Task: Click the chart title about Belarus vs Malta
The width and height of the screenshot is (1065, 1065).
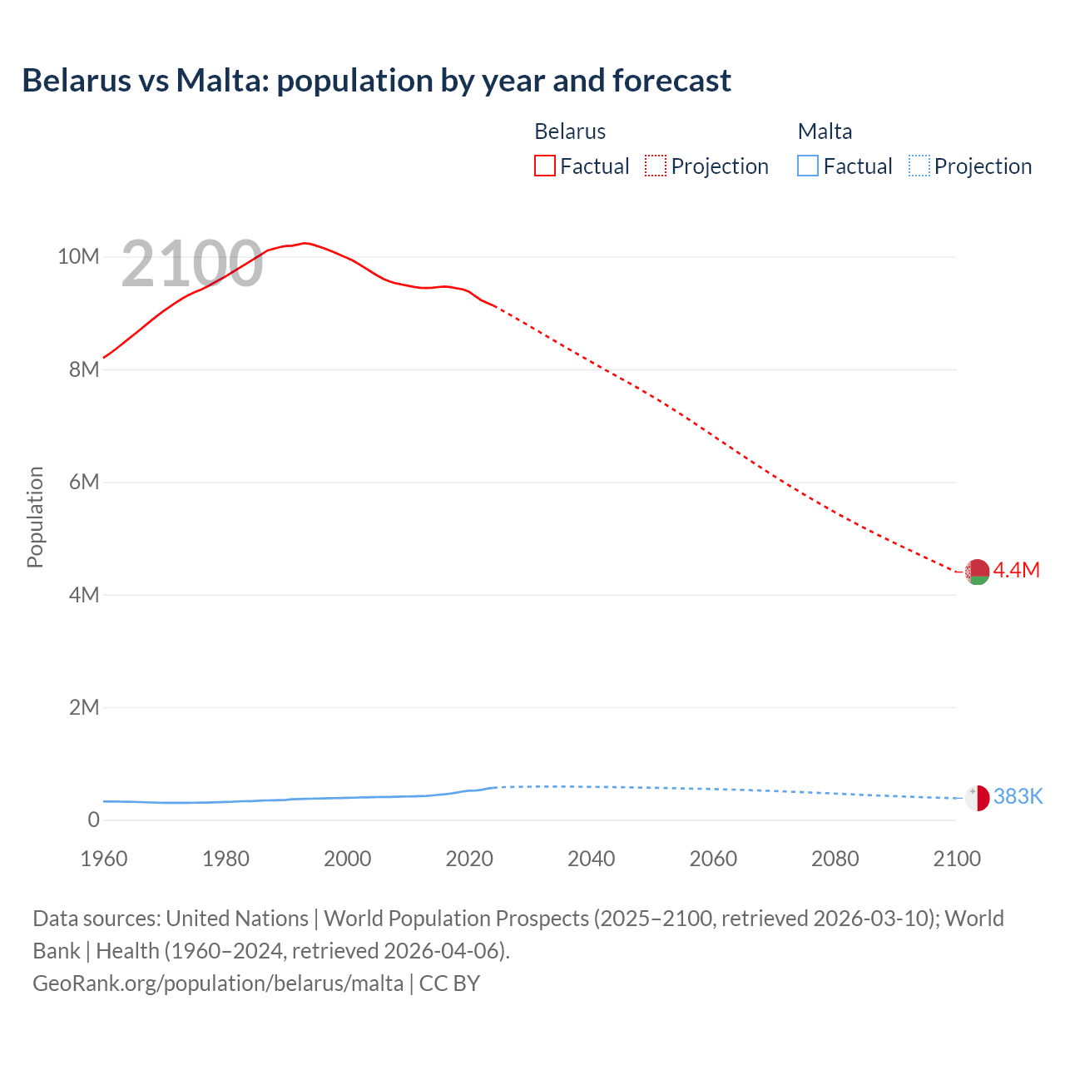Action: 376,81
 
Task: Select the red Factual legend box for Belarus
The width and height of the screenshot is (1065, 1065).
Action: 544,166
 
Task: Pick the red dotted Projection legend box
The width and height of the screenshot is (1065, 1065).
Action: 656,166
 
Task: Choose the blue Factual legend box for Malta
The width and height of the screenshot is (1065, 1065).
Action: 808,166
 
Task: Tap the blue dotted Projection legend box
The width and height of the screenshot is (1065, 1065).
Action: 919,166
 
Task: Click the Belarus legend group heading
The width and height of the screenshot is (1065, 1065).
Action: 570,131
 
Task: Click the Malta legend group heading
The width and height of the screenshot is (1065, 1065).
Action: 825,131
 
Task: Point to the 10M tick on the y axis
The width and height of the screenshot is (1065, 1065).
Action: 78,256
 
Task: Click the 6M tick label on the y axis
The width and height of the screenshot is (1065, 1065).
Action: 84,482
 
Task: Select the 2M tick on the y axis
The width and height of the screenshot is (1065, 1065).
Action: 84,707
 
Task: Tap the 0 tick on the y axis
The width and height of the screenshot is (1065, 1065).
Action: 93,820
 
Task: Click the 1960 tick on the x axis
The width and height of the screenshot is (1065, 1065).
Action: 104,859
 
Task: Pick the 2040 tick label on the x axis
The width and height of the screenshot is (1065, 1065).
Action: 591,859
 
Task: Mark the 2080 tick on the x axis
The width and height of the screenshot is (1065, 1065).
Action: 835,859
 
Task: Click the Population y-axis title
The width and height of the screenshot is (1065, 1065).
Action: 35,517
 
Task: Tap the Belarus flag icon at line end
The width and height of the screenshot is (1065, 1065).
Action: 977,572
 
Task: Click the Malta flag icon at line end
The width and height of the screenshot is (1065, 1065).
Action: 977,797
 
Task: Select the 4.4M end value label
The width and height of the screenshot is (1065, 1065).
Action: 1016,570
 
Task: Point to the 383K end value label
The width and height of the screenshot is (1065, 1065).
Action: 1018,796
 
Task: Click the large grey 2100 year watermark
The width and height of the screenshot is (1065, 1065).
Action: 192,264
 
